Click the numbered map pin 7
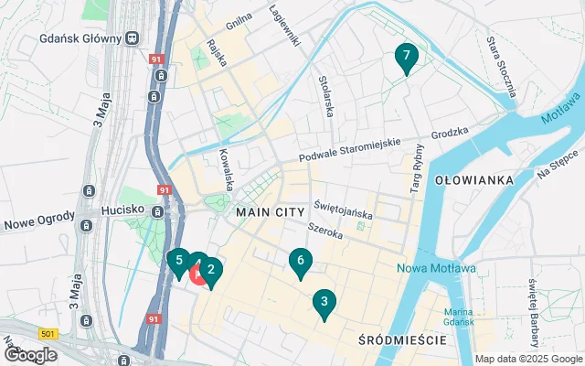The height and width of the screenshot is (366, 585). tap(407, 57)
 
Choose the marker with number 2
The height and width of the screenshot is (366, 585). tap(211, 270)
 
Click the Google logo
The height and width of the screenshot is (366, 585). tap(31, 354)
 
